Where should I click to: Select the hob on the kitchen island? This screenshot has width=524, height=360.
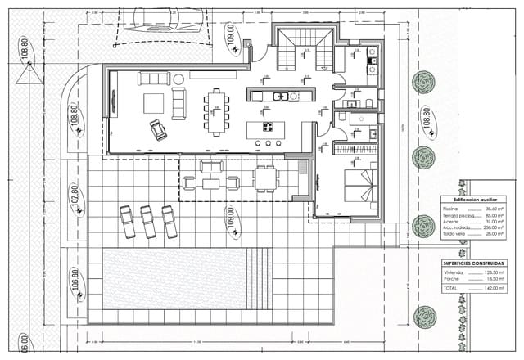pos(268,126)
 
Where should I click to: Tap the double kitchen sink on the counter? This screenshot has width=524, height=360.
pos(280,97)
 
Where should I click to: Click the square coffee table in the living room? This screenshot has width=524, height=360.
pos(153,103)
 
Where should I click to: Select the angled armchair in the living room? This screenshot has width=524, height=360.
pos(157,128)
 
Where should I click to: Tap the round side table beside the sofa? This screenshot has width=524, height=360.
pos(178,79)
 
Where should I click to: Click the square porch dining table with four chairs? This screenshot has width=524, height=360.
pos(264,178)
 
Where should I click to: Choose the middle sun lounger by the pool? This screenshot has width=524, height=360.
pos(148,222)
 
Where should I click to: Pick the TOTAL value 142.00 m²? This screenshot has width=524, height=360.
pos(490,288)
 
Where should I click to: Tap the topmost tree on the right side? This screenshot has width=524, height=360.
pos(423,81)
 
